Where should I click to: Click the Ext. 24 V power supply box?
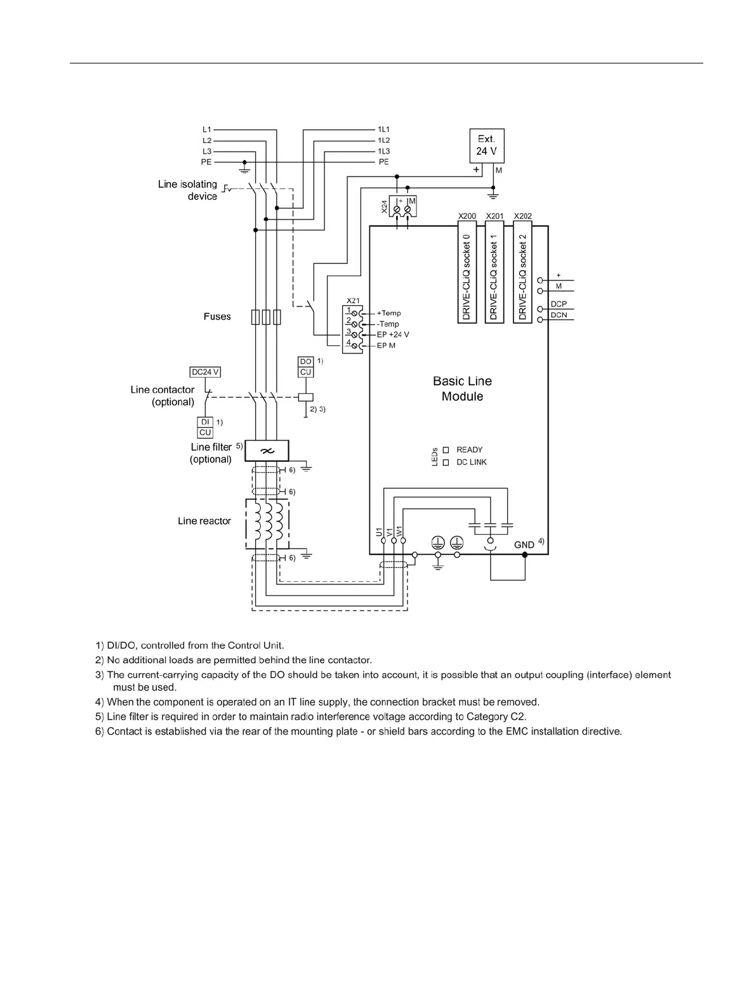pos(486,145)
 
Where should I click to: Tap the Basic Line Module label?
pos(462,388)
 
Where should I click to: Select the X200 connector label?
pos(467,216)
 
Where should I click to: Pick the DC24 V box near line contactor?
pos(205,372)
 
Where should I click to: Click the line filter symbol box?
pos(267,451)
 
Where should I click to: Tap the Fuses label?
pos(217,317)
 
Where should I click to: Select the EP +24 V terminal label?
pos(393,334)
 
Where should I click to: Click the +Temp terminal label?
pos(388,313)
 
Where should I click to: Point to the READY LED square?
pos(446,450)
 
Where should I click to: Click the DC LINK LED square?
pos(446,463)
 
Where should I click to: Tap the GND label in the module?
pos(524,544)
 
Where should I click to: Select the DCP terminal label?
pos(559,304)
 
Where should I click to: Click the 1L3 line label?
pos(384,151)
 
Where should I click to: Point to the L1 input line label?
pos(207,129)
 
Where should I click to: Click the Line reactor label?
pos(204,521)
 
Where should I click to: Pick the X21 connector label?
pos(353,300)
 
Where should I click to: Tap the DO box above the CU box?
pos(305,362)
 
